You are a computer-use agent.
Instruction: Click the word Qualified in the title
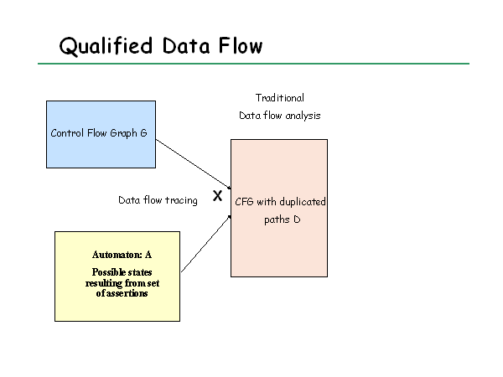point(106,46)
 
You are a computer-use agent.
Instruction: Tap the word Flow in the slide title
point(241,45)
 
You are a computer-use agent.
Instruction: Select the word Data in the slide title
point(186,46)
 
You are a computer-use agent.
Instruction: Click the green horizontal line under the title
point(253,64)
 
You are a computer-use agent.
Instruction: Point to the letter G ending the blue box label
point(143,132)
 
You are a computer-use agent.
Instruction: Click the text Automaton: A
point(122,255)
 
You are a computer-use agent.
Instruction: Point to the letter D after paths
point(297,219)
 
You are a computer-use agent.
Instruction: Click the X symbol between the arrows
point(217,195)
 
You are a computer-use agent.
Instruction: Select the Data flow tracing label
point(158,200)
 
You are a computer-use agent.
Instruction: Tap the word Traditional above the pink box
point(280,98)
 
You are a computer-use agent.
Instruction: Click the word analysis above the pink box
point(303,116)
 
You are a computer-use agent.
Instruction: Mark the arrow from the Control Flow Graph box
point(194,164)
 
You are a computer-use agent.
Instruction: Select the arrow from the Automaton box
point(206,244)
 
